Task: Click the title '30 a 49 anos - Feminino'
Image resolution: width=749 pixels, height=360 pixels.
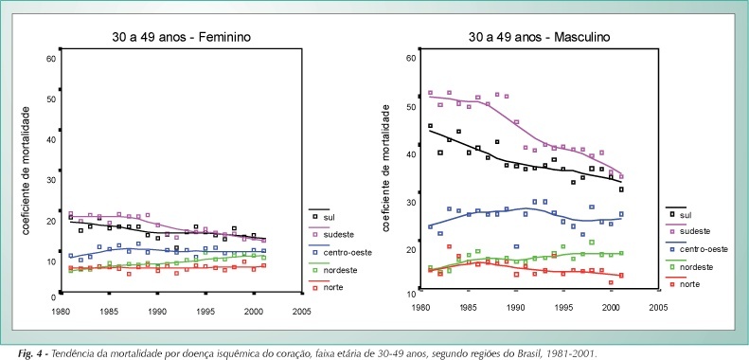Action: pyautogui.click(x=181, y=37)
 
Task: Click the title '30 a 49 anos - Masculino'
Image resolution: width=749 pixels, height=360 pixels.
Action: pyautogui.click(x=539, y=37)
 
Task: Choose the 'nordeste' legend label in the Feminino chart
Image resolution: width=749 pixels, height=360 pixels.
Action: pyautogui.click(x=341, y=270)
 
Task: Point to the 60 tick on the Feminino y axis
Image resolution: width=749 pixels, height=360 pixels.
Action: pyautogui.click(x=51, y=59)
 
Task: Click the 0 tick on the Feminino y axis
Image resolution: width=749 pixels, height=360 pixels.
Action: pyautogui.click(x=54, y=297)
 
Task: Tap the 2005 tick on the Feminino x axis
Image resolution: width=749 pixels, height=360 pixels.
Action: pyautogui.click(x=302, y=312)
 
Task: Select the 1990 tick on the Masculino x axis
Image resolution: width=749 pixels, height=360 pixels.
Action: pyautogui.click(x=516, y=306)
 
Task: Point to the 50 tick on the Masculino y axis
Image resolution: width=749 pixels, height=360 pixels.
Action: pyautogui.click(x=410, y=106)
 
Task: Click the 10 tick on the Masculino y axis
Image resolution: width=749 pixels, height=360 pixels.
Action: pyautogui.click(x=410, y=294)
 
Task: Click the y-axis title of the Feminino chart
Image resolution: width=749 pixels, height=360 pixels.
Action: pyautogui.click(x=27, y=171)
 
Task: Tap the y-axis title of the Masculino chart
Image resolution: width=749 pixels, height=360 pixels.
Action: pyautogui.click(x=385, y=169)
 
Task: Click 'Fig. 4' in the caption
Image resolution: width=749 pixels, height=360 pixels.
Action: pyautogui.click(x=30, y=354)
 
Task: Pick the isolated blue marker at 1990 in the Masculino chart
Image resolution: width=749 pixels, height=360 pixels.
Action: pyautogui.click(x=516, y=246)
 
